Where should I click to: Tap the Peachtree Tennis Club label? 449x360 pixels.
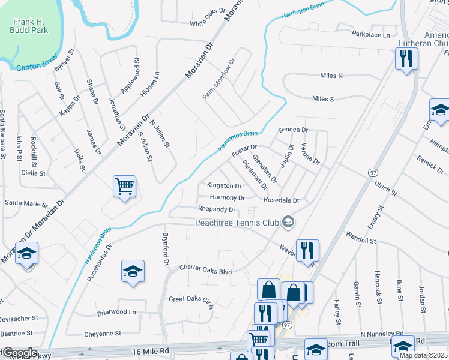238,223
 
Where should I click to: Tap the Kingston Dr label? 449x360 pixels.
224,186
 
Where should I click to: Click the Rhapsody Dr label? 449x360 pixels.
217,209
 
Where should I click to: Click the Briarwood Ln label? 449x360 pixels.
116,312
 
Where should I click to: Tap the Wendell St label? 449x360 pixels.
360,241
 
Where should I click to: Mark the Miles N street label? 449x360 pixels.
331,76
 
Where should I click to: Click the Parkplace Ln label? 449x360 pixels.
371,35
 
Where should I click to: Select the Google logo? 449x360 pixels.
19,353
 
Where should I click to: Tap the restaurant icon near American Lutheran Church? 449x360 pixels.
406,58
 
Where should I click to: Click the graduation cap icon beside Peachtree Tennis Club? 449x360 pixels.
289,222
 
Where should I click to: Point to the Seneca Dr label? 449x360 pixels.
293,130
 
